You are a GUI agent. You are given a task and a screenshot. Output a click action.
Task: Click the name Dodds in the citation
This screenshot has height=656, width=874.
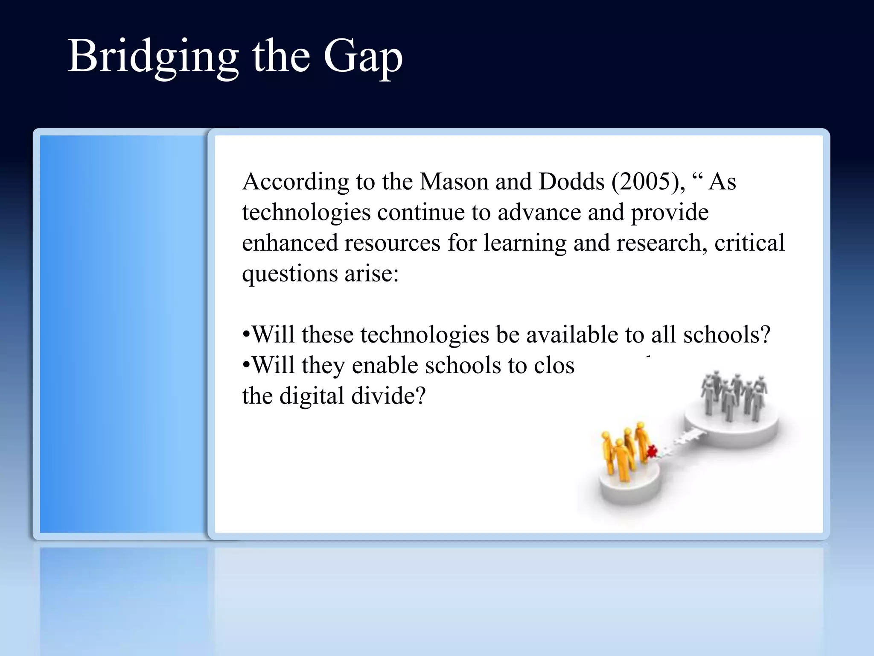click(571, 182)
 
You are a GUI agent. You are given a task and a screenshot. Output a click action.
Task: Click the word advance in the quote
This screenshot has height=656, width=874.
click(539, 213)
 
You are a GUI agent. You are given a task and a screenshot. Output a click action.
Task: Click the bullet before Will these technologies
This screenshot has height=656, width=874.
click(246, 335)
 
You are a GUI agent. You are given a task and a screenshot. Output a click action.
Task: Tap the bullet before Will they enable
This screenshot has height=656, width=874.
click(246, 366)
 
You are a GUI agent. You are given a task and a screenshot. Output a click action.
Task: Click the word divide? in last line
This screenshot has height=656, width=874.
click(388, 396)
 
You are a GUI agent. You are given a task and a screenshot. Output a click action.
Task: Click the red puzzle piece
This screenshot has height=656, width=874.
click(652, 451)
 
